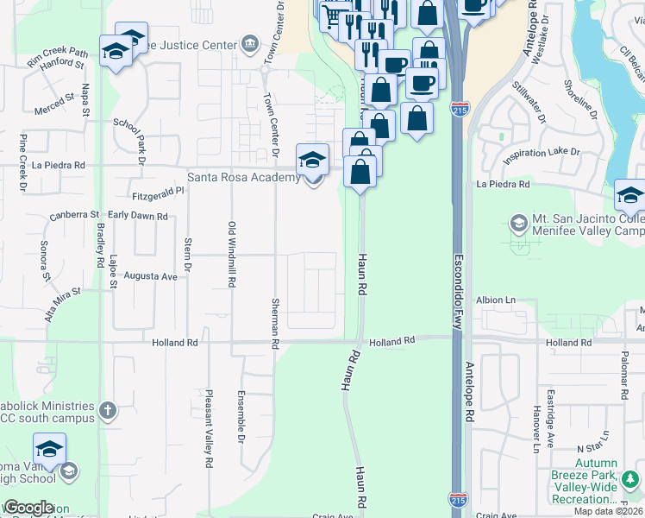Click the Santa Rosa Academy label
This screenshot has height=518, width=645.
click(x=244, y=178)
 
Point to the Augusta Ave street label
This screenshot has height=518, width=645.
click(x=151, y=276)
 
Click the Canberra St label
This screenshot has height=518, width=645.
click(x=75, y=214)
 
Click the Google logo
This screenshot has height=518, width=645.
click(x=28, y=509)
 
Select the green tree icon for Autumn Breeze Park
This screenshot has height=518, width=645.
click(x=630, y=477)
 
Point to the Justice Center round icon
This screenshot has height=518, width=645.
click(x=250, y=41)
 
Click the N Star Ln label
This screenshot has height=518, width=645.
click(x=592, y=450)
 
